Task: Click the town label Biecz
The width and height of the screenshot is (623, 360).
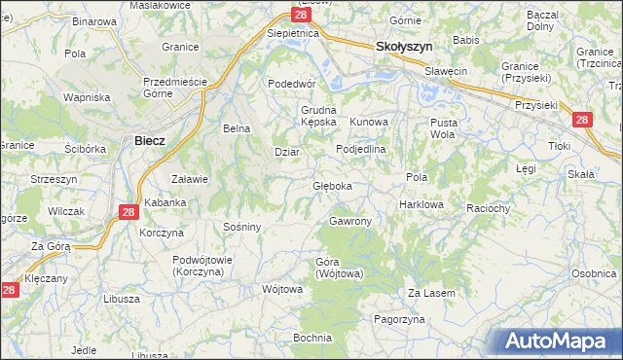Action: coord(149,140)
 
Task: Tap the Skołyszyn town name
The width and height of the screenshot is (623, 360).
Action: coord(404,46)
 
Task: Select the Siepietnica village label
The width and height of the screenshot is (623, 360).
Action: coord(293,32)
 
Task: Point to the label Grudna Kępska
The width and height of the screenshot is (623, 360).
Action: coord(318,116)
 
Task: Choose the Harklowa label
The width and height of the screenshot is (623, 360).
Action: coord(421,205)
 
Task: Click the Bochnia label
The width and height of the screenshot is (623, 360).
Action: coord(312,338)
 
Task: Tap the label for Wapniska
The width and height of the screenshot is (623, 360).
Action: coord(86,97)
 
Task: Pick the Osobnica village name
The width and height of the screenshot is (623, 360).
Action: coord(595,273)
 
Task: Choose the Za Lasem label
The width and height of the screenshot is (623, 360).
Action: coord(431,292)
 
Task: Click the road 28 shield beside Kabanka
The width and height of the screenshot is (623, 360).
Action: coord(130,211)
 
